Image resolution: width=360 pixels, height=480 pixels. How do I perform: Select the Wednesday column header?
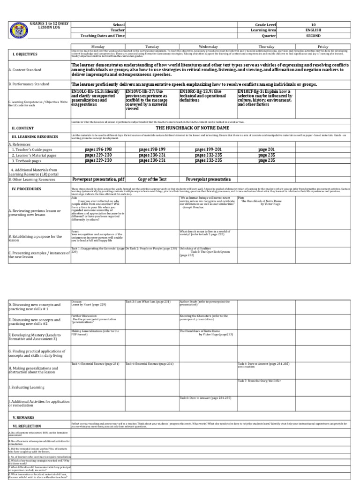[x=208, y=47]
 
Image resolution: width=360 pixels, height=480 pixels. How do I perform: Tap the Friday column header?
[x=322, y=47]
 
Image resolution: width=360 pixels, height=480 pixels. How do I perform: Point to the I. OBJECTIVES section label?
[x=25, y=54]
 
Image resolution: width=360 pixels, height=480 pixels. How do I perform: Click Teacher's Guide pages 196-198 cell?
[x=98, y=150]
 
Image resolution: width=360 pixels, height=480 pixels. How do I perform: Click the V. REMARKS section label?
[x=23, y=417]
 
